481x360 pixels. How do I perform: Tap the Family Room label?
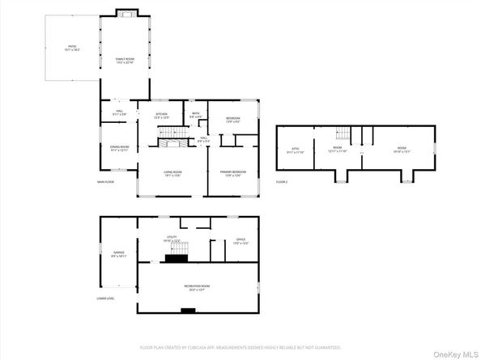tap(124, 61)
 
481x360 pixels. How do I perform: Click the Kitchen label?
tap(161, 116)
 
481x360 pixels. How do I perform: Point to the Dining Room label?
tap(119, 147)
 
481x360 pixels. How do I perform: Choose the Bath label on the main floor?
tap(194, 116)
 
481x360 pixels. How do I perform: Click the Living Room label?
tap(172, 173)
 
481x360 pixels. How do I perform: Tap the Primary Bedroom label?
tap(232, 173)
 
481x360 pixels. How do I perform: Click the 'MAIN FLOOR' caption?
tap(104, 182)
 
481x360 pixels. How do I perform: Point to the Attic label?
tap(296, 150)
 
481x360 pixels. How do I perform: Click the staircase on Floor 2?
tap(343, 134)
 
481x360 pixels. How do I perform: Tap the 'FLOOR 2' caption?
tap(282, 182)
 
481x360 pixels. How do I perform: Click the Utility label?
tap(170, 239)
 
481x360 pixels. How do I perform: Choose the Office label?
tap(240, 240)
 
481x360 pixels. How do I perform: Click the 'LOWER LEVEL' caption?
tap(105, 299)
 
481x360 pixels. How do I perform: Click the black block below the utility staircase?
tap(175, 259)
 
